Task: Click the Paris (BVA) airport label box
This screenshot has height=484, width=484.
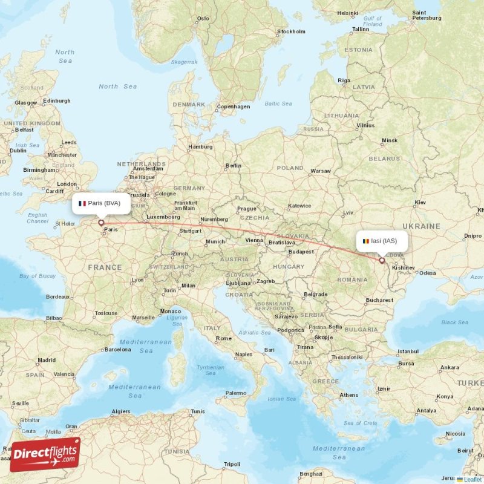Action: (101, 204)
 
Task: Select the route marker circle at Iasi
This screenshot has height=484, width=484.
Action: (382, 261)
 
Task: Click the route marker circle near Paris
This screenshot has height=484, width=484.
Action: (101, 223)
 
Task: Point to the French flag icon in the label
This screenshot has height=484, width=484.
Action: (82, 204)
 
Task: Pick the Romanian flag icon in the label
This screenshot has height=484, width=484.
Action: (365, 241)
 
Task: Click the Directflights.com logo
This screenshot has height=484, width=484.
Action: (45, 454)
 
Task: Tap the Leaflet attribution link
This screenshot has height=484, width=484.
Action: (473, 479)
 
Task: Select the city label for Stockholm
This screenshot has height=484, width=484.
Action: (290, 31)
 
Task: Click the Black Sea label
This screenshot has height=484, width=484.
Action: (454, 322)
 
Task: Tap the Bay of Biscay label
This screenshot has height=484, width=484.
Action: (37, 276)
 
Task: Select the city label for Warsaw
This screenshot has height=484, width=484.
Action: (320, 171)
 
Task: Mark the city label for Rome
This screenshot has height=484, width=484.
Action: (224, 338)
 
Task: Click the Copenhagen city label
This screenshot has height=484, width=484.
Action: (234, 106)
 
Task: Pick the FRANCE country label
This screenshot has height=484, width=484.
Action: (104, 267)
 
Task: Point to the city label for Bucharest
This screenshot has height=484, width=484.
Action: (379, 299)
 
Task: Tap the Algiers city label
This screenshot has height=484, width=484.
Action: (120, 411)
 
